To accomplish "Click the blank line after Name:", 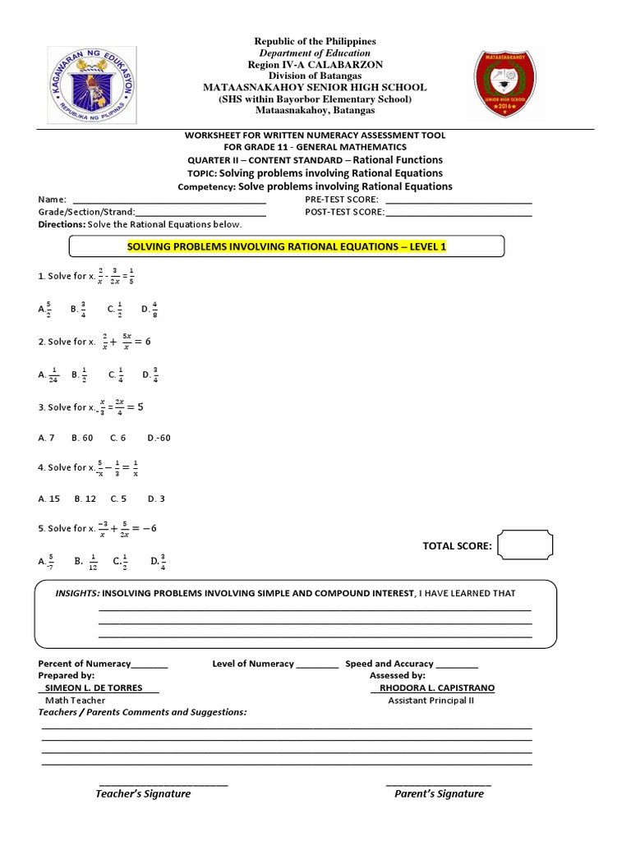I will click(x=169, y=200).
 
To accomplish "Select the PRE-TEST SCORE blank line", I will click(x=458, y=200).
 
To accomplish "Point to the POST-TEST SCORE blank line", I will click(x=458, y=212).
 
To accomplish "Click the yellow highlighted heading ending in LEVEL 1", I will click(x=286, y=246).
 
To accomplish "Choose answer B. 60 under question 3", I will click(x=83, y=438).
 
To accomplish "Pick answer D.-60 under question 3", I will click(x=159, y=438).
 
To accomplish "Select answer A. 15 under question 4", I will click(x=49, y=499).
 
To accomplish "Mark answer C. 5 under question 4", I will click(x=117, y=499).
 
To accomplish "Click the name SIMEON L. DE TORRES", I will click(x=98, y=687).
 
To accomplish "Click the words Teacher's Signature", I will click(x=143, y=793).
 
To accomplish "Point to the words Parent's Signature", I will click(x=439, y=793).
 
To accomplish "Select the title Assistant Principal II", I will click(x=431, y=701).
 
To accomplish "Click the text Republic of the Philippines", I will click(x=315, y=41).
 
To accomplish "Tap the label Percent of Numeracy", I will click(x=85, y=664).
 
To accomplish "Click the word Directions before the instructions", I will click(x=61, y=224).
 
